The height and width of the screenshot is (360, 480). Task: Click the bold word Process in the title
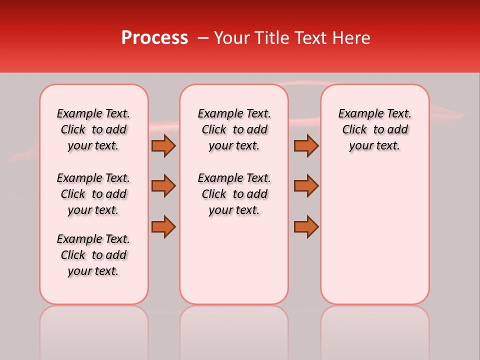pyautogui.click(x=154, y=38)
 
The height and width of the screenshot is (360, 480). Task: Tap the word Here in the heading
pyautogui.click(x=350, y=38)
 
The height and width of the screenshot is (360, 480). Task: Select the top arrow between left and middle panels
pyautogui.click(x=163, y=145)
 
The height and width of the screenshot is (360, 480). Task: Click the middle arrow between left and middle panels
pyautogui.click(x=163, y=186)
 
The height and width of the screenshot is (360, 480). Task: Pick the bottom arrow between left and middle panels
pyautogui.click(x=163, y=226)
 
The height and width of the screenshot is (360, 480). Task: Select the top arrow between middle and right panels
pyautogui.click(x=306, y=145)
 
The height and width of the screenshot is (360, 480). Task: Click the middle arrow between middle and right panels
pyautogui.click(x=306, y=186)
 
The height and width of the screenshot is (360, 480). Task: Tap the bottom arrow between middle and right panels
pyautogui.click(x=306, y=226)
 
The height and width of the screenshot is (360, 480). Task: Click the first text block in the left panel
pyautogui.click(x=93, y=129)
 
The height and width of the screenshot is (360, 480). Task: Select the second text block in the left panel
pyautogui.click(x=93, y=194)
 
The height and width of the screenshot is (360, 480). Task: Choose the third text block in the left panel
pyautogui.click(x=93, y=255)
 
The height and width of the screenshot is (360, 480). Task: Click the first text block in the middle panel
pyautogui.click(x=234, y=129)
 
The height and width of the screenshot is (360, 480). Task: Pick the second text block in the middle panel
pyautogui.click(x=234, y=194)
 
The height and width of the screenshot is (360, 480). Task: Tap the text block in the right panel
pyautogui.click(x=374, y=129)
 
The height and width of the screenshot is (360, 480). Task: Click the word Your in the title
pyautogui.click(x=231, y=38)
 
